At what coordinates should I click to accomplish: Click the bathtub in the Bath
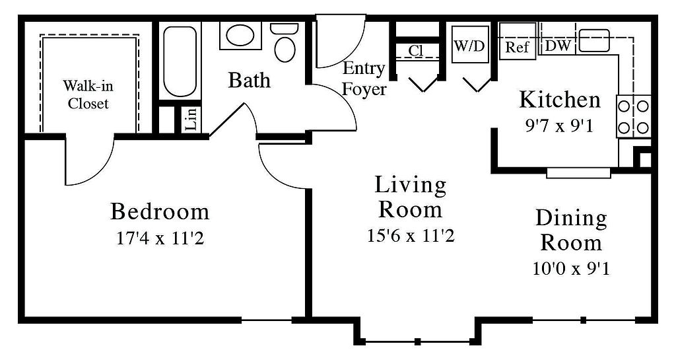click(x=180, y=61)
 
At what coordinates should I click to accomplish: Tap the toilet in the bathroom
click(x=284, y=42)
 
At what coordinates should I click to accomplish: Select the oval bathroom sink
click(x=240, y=36)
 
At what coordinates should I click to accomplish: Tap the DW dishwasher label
click(x=558, y=46)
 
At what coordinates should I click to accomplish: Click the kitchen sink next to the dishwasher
click(x=594, y=40)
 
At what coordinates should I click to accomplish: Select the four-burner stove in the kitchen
click(x=633, y=116)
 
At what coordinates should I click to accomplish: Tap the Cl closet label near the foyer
click(x=416, y=50)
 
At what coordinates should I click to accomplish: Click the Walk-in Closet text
click(x=88, y=94)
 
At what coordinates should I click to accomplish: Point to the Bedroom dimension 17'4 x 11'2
click(x=160, y=238)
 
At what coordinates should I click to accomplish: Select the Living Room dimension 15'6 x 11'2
click(x=411, y=235)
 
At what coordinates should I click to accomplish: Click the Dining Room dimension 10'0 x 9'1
click(x=571, y=269)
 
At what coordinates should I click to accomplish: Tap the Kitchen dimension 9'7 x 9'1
click(x=559, y=127)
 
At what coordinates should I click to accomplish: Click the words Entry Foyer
click(x=364, y=79)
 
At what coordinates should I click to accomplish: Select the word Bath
click(x=249, y=80)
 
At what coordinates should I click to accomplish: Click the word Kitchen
click(x=560, y=100)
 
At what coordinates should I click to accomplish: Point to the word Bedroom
click(x=160, y=211)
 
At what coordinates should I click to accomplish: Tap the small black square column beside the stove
click(x=644, y=159)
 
